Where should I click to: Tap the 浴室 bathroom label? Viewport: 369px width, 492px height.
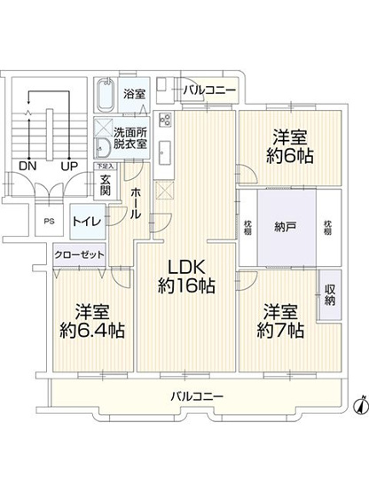coord(134,93)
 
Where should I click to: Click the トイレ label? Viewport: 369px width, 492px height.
coord(86,222)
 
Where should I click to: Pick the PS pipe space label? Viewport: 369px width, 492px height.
coord(49,222)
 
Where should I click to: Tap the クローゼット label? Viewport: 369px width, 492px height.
coord(80,255)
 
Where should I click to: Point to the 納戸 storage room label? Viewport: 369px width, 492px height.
coord(285,225)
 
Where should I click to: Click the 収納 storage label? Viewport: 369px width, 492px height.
coord(329,293)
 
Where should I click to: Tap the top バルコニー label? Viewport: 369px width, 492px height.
coord(210,90)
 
